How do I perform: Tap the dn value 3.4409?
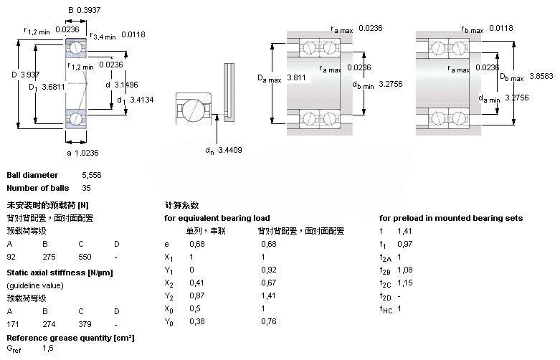pyautogui.click(x=232, y=150)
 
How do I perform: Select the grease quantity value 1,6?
pyautogui.click(x=48, y=349)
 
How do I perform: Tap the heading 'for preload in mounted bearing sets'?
pyautogui.click(x=451, y=218)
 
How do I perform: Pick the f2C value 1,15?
pyautogui.click(x=405, y=283)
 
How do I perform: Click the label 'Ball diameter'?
pyautogui.click(x=32, y=175)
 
